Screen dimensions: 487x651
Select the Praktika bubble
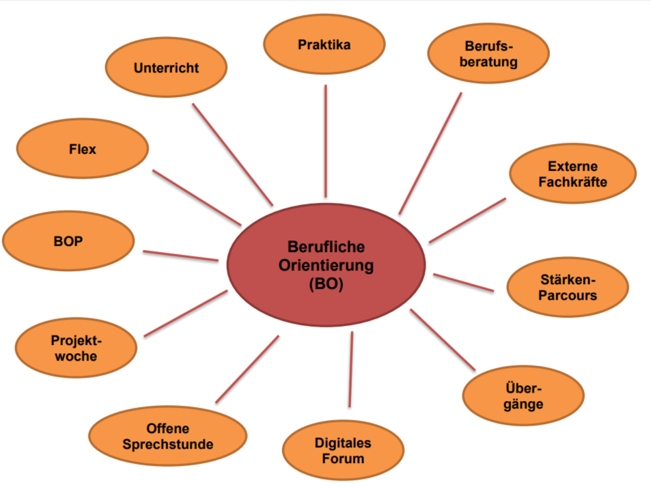click(324, 45)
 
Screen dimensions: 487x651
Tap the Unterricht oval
click(166, 68)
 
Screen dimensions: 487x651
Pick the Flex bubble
click(82, 148)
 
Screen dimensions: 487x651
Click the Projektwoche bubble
click(75, 348)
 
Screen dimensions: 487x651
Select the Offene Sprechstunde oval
click(167, 436)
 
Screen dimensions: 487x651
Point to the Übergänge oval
click(523, 395)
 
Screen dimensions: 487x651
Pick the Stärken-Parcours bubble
click(567, 287)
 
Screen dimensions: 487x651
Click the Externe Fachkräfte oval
click(572, 173)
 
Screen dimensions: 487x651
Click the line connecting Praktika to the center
click(325, 140)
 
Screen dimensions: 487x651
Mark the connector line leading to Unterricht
click(232, 154)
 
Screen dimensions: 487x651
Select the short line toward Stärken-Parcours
click(463, 282)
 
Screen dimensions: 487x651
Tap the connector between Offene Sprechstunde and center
click(247, 369)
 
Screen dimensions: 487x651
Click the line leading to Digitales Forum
click(350, 369)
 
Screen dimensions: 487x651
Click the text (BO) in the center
click(326, 283)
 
